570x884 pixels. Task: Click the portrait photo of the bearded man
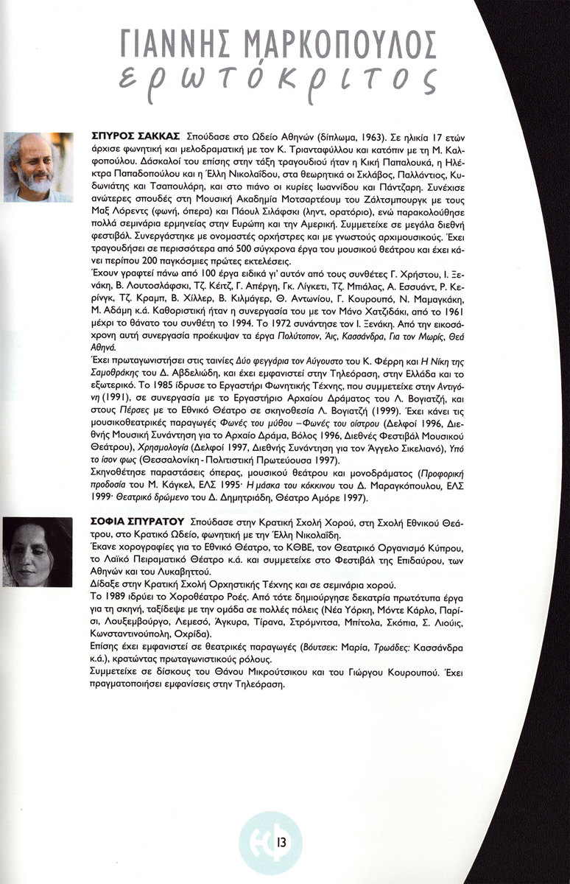[x=38, y=167]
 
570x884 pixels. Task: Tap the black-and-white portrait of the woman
[x=38, y=552]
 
